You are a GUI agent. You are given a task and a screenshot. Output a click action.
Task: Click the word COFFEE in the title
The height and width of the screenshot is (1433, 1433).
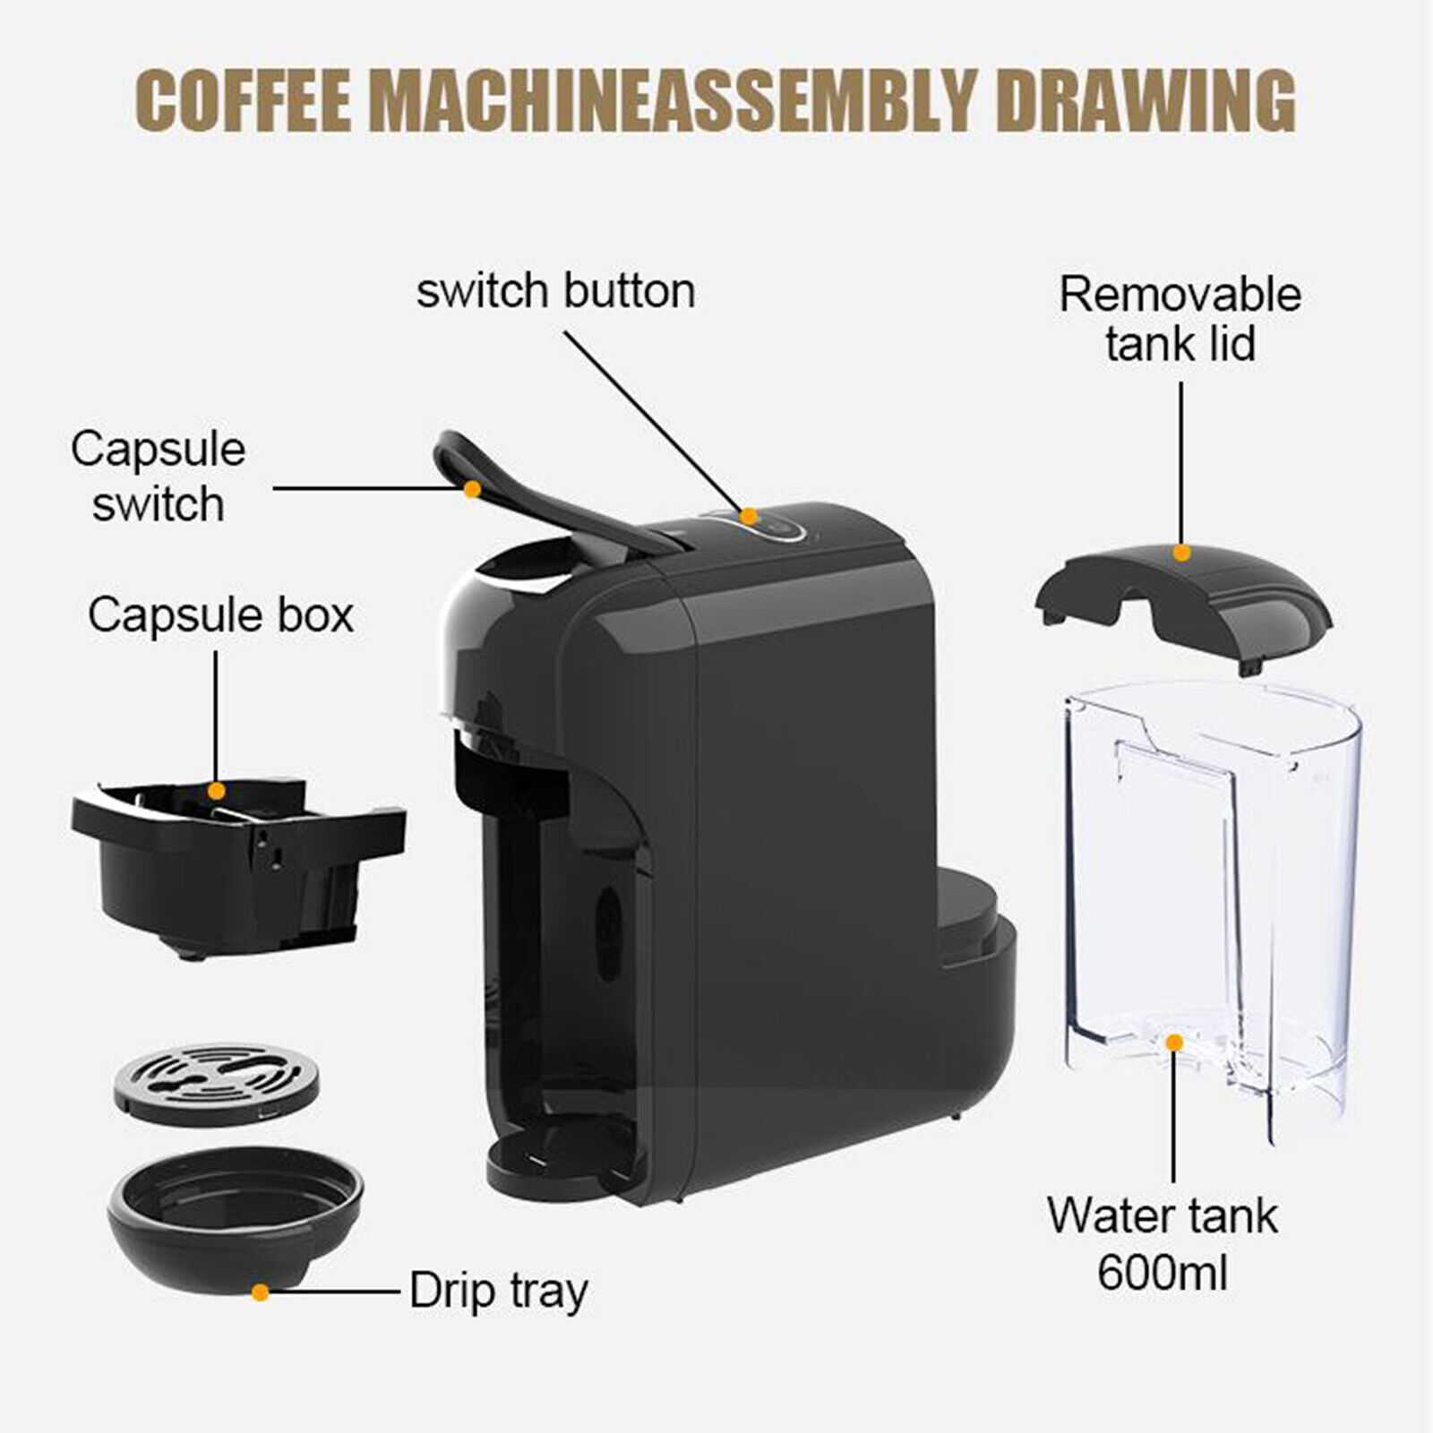point(244,100)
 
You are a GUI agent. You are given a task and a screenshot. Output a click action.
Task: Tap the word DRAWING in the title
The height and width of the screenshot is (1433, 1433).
point(1146,100)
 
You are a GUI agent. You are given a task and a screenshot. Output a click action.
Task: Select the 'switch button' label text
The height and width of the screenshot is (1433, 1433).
point(555,291)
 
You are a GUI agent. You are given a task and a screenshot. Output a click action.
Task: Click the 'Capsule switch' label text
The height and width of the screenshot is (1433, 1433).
point(158,476)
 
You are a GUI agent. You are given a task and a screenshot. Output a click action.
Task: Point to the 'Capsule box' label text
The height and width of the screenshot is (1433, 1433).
point(220,615)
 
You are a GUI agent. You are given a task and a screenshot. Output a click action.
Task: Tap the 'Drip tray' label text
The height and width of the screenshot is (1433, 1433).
point(499,1291)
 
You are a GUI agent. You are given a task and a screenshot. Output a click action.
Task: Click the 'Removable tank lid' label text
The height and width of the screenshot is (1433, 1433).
point(1180,319)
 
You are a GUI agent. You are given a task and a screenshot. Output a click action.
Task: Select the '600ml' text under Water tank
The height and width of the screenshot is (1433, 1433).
point(1163,1272)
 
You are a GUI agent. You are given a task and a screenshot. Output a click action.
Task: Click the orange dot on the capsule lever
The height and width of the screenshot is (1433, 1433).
point(472,489)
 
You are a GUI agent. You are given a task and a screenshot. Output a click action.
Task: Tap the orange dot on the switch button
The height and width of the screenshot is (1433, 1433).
point(749,517)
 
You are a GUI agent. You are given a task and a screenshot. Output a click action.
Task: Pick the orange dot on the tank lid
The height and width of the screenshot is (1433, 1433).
point(1181,553)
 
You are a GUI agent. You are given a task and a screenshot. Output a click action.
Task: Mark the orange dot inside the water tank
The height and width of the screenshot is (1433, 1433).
point(1174,1043)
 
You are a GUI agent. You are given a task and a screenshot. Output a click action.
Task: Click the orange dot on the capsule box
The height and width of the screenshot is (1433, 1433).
point(216,791)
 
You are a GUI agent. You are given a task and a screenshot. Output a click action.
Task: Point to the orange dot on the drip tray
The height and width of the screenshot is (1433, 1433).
point(260,1292)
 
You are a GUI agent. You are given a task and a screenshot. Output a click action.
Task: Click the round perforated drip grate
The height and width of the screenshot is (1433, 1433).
point(216,1084)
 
